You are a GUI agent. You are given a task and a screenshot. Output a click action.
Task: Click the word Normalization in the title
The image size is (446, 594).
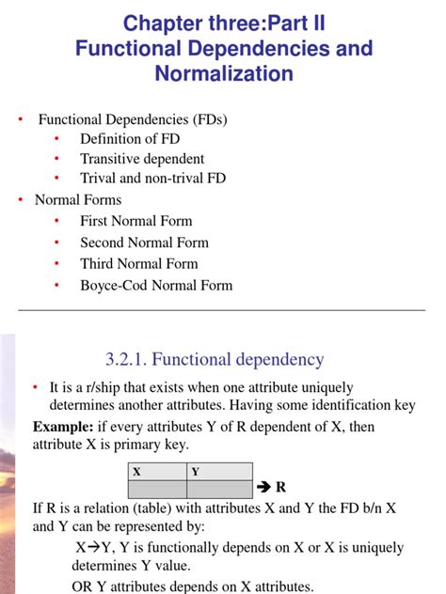pyautogui.click(x=223, y=72)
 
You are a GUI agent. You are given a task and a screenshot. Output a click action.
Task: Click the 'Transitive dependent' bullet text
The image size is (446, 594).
pyautogui.click(x=142, y=159)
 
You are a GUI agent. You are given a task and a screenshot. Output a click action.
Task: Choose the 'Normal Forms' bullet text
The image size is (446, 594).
pyautogui.click(x=78, y=199)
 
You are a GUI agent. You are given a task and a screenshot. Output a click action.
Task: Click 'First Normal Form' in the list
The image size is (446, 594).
pyautogui.click(x=136, y=221)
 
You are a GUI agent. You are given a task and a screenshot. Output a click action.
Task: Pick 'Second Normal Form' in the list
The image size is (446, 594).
pyautogui.click(x=146, y=242)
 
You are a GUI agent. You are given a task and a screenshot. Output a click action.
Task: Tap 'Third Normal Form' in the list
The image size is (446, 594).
pyautogui.click(x=139, y=264)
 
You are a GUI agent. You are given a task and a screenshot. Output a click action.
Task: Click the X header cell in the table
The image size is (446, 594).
pyautogui.click(x=137, y=472)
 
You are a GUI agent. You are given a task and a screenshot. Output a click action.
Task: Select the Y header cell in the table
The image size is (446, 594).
pyautogui.click(x=195, y=472)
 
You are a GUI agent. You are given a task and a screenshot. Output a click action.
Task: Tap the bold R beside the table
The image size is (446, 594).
pyautogui.click(x=279, y=488)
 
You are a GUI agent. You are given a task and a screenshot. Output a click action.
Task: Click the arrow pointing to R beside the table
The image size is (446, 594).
pyautogui.click(x=264, y=488)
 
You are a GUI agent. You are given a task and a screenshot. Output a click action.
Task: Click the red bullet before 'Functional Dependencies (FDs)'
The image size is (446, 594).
pyautogui.click(x=20, y=120)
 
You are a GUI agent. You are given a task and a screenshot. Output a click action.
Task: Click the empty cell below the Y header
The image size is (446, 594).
pyautogui.click(x=220, y=489)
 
